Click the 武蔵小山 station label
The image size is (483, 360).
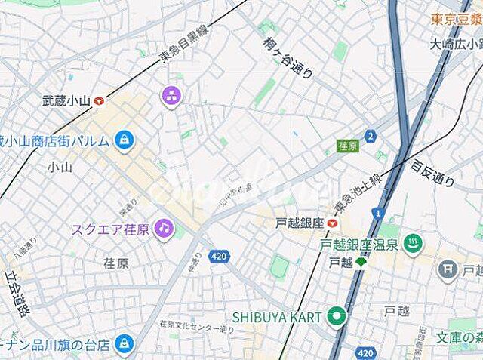pos(66,99)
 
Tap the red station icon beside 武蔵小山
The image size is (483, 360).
pos(99,99)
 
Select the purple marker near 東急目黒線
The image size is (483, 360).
pos(170,94)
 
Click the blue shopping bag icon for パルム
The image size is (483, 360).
pos(124,139)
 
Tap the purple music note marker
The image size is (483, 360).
pos(163,227)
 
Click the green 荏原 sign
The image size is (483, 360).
pos(347,145)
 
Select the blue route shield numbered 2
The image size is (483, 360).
pos(370,136)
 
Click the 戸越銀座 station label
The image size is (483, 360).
pos(300,223)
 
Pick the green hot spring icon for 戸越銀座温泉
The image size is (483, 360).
pos(413,244)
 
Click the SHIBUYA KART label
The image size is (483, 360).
pos(277,316)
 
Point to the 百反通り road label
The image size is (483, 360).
pos(432,173)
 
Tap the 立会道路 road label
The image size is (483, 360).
pos(16,294)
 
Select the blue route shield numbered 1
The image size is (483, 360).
pos(377,214)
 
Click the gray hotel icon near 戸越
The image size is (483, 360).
pos(448,267)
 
